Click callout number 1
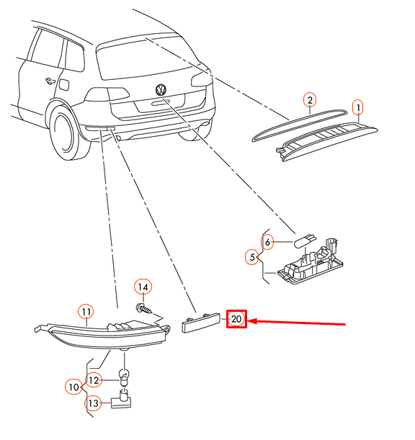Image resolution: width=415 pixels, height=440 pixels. click(x=358, y=107)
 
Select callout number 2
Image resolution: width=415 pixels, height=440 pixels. click(x=310, y=100)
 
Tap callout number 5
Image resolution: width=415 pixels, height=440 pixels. click(x=252, y=257)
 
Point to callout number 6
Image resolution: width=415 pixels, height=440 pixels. click(x=267, y=242)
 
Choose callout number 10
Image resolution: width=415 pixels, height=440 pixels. click(x=73, y=387)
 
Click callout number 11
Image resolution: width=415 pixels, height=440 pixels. click(x=86, y=312)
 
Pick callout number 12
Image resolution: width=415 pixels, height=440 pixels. click(x=94, y=380)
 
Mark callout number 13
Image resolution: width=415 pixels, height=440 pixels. click(x=93, y=403)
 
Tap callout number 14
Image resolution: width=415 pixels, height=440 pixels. click(x=143, y=287)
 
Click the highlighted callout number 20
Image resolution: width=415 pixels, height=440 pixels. click(x=236, y=319)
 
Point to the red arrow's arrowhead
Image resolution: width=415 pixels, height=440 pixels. click(x=251, y=321)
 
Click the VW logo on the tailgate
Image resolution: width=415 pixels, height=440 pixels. click(x=161, y=89)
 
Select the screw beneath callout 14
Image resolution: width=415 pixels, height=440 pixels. click(x=144, y=308)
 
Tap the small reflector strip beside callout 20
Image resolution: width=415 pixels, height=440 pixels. click(x=200, y=323)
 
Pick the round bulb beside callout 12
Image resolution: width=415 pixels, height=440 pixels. click(x=124, y=377)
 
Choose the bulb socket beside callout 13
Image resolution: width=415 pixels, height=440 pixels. click(x=121, y=399)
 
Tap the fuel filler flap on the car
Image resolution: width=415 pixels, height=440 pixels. click(x=64, y=85)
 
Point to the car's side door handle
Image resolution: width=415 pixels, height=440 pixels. click(x=50, y=81)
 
